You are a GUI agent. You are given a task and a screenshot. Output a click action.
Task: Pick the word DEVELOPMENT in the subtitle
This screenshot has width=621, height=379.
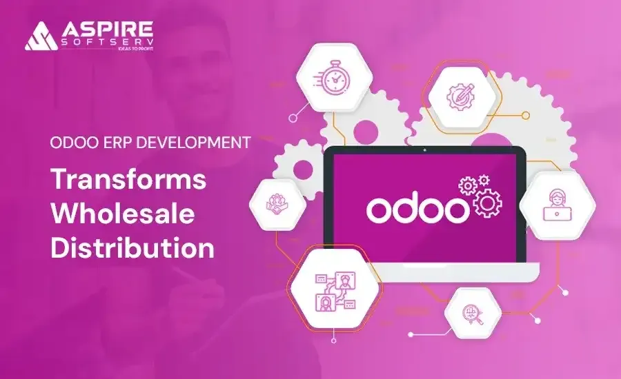pos(199,143)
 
